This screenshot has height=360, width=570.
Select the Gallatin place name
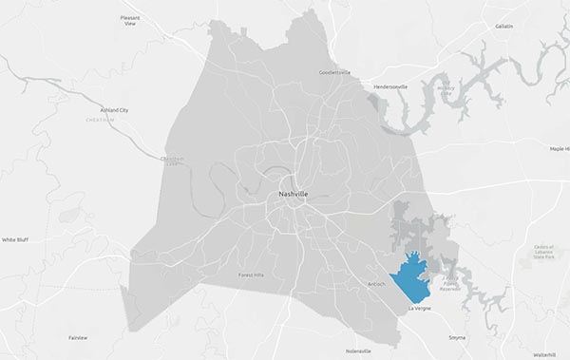[x=503, y=26]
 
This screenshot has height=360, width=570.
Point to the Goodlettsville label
[x=334, y=71]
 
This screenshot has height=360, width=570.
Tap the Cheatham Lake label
[x=172, y=161]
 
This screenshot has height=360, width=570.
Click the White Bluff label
[x=15, y=239]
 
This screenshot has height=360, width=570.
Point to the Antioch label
[x=376, y=283]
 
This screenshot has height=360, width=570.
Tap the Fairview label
[x=78, y=337]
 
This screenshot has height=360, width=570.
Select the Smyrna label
[x=457, y=337]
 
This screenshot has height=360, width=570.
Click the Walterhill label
[x=543, y=353]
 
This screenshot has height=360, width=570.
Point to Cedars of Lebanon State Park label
[x=546, y=251]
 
